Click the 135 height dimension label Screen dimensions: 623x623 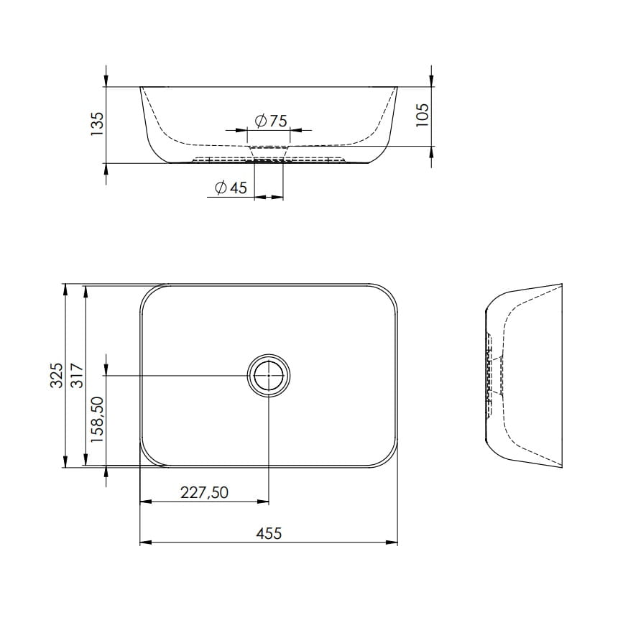pyautogui.click(x=97, y=124)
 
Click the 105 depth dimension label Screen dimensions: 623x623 pyautogui.click(x=423, y=115)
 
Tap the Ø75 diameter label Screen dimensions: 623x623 pyautogui.click(x=271, y=121)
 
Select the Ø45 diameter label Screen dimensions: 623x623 pyautogui.click(x=231, y=188)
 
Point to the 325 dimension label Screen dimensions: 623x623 pyautogui.click(x=57, y=375)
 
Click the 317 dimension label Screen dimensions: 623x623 pyautogui.click(x=77, y=376)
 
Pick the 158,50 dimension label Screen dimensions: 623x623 pyautogui.click(x=97, y=420)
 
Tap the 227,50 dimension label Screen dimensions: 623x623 pyautogui.click(x=204, y=493)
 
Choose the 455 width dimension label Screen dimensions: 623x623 pyautogui.click(x=269, y=533)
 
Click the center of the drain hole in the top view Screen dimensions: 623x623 pyautogui.click(x=269, y=374)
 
